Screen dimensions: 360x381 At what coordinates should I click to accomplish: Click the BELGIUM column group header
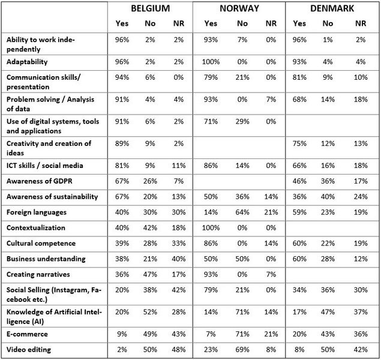click(151, 9)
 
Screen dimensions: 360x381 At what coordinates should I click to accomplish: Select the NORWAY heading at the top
click(239, 9)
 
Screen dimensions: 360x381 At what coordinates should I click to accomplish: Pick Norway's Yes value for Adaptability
click(211, 61)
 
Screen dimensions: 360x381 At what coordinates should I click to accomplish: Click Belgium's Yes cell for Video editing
click(122, 349)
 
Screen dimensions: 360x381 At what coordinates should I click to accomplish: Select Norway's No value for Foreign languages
click(242, 212)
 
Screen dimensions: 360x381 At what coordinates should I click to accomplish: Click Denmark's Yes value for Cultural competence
click(299, 243)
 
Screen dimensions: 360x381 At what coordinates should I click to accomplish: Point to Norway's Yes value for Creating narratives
click(211, 274)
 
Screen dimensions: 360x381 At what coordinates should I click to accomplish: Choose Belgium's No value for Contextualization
click(151, 228)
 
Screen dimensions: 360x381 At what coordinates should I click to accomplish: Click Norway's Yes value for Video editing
click(211, 349)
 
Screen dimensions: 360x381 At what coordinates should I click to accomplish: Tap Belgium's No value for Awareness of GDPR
click(151, 181)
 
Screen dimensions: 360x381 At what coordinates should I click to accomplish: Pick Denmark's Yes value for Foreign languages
click(299, 212)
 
